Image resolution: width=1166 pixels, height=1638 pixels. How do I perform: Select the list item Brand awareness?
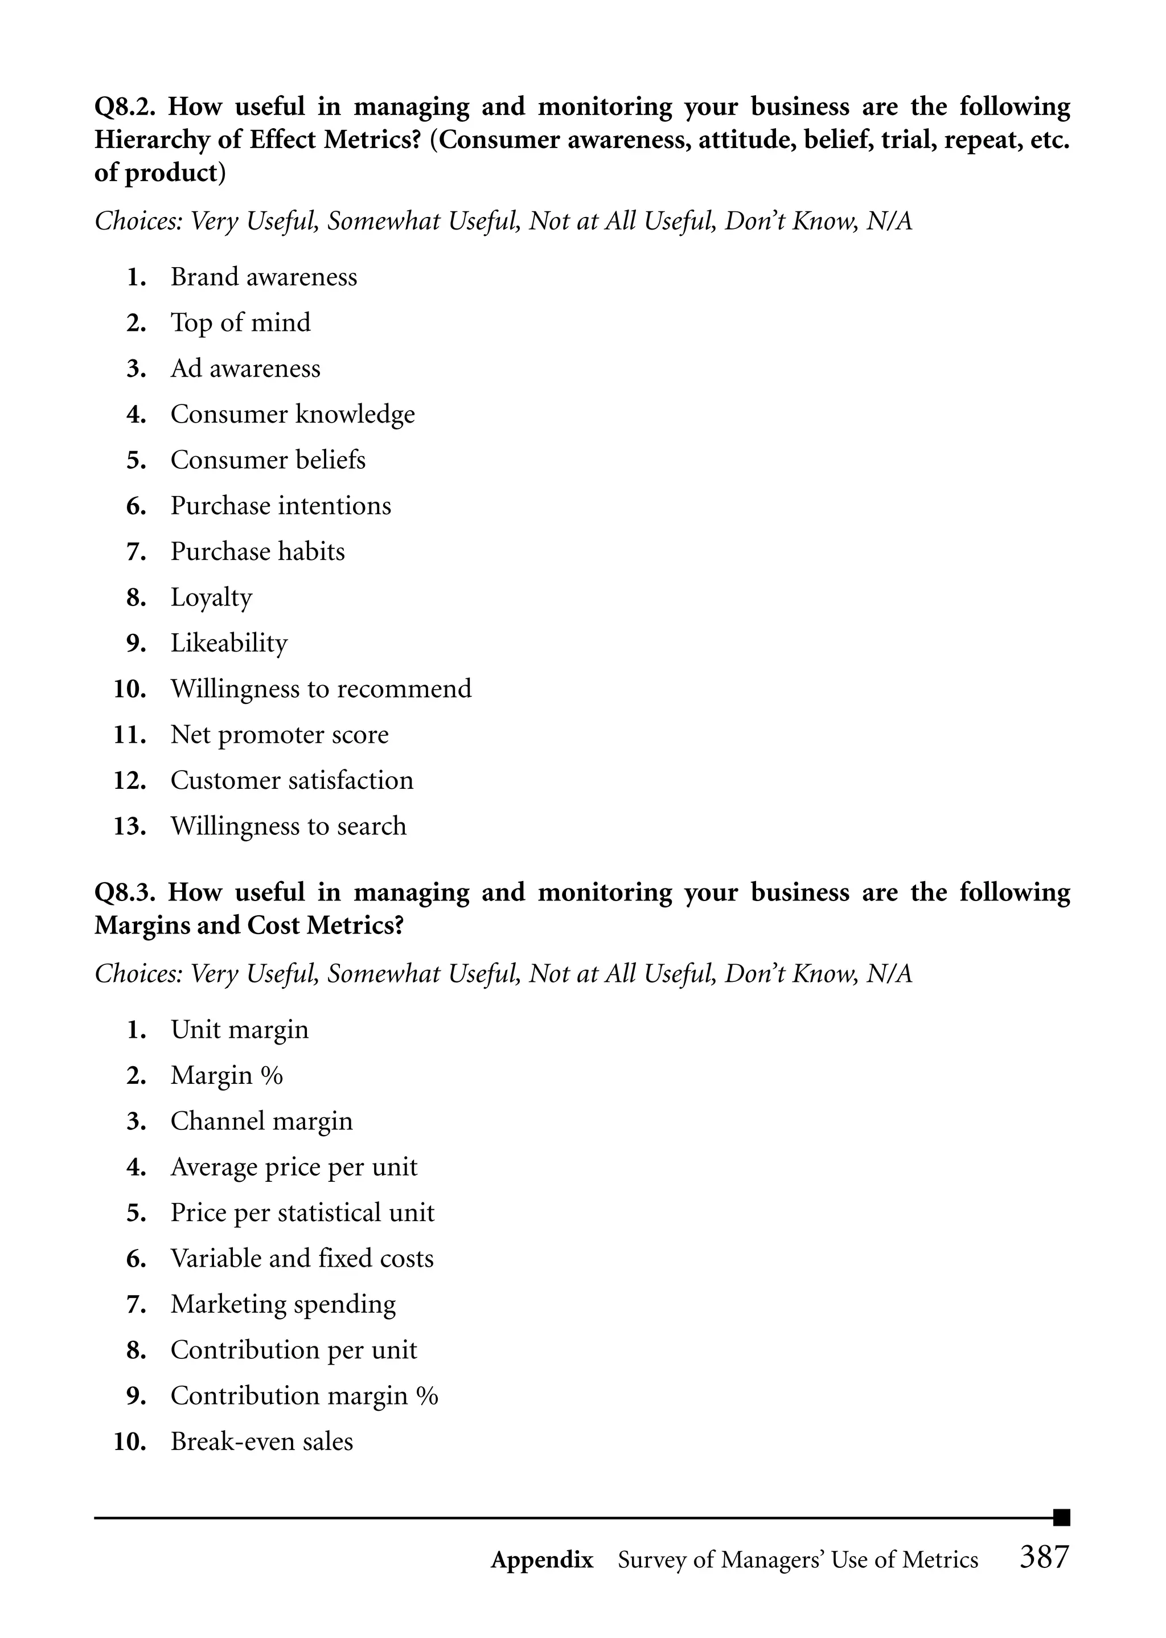264,277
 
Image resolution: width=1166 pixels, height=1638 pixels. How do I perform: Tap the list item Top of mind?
240,323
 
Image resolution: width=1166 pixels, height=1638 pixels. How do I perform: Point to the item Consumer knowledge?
292,415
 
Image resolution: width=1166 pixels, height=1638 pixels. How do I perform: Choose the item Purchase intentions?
281,506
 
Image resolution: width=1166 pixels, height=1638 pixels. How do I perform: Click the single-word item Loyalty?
211,598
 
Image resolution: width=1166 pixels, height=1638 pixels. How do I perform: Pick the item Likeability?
229,644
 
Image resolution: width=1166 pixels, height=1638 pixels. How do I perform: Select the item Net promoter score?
280,735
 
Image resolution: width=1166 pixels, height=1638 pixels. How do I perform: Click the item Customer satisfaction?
291,781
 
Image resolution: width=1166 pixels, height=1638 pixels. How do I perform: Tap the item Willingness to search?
288,826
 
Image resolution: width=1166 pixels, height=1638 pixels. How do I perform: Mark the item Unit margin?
239,1030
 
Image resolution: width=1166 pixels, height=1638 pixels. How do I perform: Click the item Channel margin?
261,1121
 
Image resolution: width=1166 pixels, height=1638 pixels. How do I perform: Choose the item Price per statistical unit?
302,1213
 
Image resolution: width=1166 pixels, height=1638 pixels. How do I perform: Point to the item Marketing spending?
283,1305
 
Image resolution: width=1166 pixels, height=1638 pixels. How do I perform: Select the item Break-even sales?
261,1442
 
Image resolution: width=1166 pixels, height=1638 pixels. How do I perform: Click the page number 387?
1044,1558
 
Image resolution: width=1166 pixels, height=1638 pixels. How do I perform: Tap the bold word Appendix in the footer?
542,1560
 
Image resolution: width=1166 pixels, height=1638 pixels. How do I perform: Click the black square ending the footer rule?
1061,1517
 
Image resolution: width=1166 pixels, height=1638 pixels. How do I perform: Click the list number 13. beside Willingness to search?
130,826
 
